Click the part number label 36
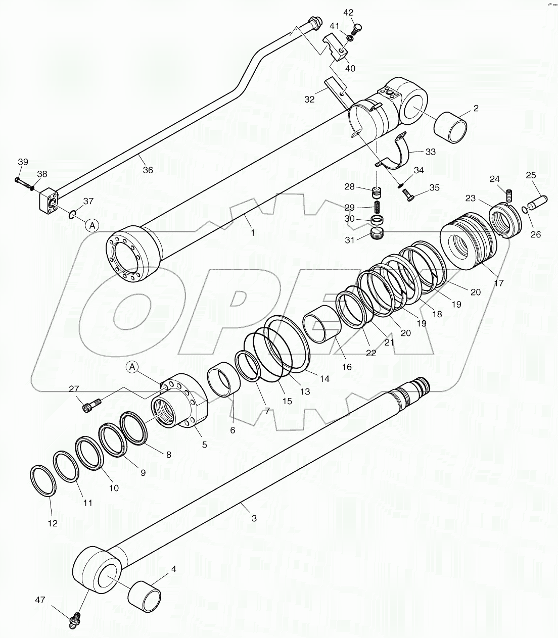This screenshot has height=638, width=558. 148,170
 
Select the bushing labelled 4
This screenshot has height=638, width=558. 144,594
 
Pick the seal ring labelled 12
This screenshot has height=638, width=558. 42,482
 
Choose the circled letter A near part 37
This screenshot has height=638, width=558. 91,225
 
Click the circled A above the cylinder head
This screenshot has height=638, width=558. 132,367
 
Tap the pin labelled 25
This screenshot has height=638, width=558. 540,203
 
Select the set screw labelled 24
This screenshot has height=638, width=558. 509,193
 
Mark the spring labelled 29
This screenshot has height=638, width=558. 377,207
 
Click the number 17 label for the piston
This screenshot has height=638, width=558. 499,283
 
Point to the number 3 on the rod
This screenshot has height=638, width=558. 254,518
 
